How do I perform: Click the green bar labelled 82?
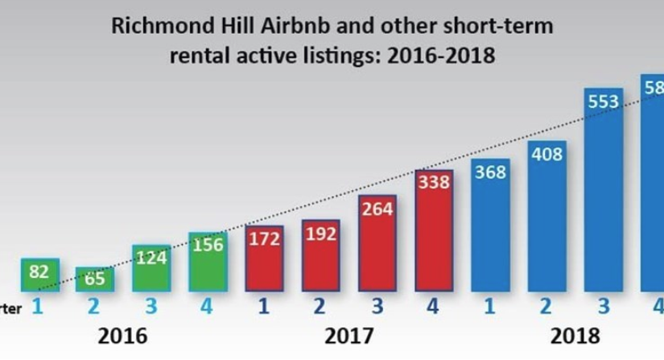click(x=39, y=275)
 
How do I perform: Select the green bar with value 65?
click(x=95, y=279)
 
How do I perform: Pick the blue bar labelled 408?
click(x=547, y=216)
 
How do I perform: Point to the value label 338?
click(x=434, y=184)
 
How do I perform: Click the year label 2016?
click(x=124, y=335)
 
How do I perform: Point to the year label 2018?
click(x=575, y=335)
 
